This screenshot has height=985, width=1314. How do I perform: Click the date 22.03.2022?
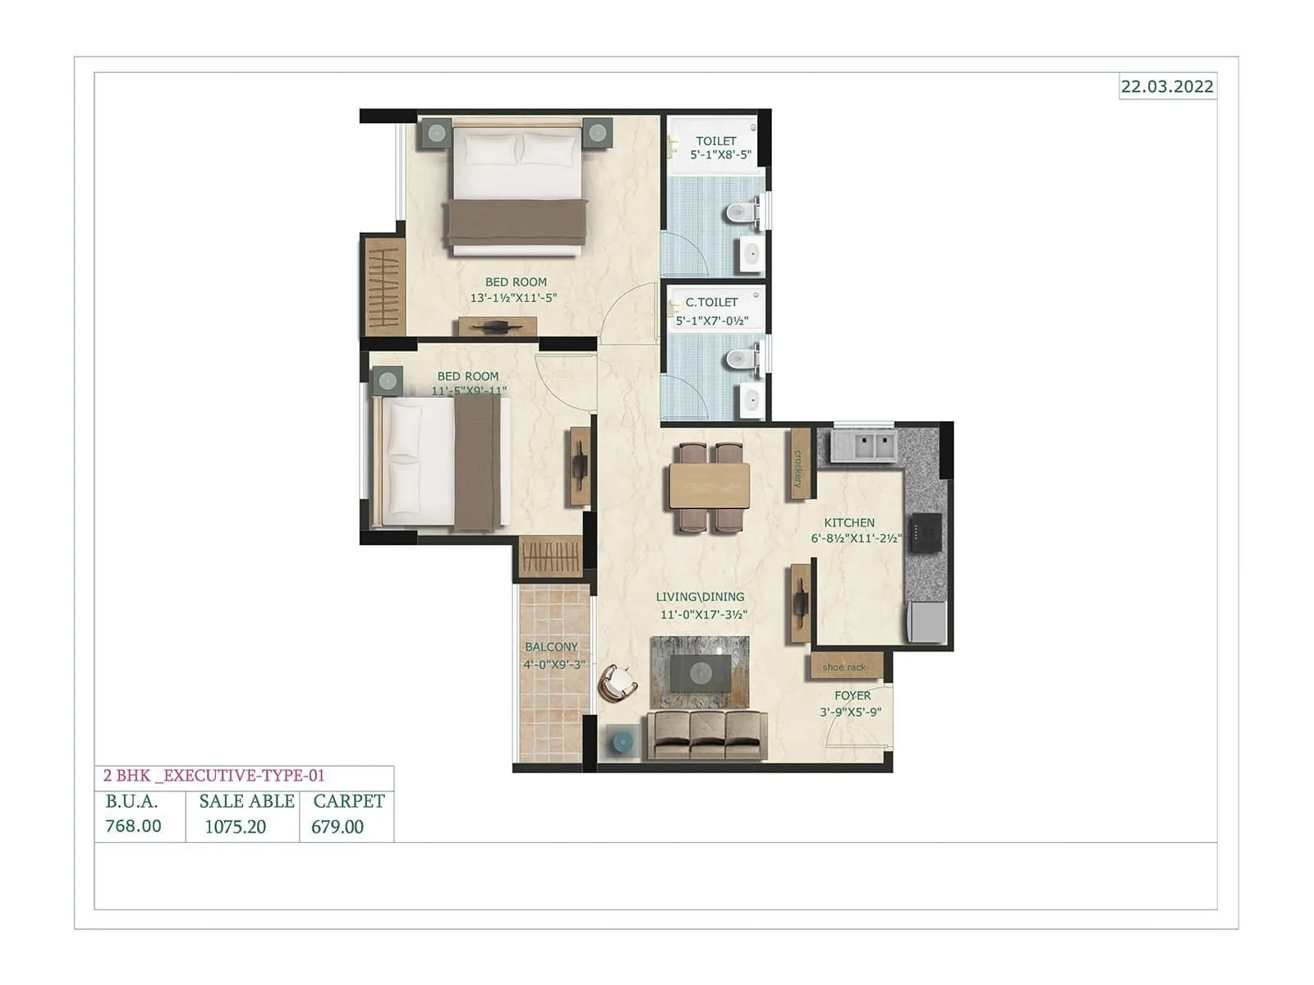(x=1167, y=86)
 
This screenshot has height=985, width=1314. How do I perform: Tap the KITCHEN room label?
(x=849, y=523)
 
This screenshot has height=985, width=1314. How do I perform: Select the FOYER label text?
(x=852, y=695)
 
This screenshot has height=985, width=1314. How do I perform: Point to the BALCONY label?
(x=552, y=647)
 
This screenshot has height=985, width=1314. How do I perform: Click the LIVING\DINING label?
(x=701, y=597)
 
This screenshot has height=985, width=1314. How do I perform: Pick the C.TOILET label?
(x=712, y=302)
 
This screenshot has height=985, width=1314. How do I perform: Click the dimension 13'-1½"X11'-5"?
(x=513, y=298)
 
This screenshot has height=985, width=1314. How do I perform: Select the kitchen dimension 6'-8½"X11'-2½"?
(x=857, y=539)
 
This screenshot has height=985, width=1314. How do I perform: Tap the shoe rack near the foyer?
(x=845, y=666)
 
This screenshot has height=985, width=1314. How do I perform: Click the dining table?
(x=710, y=486)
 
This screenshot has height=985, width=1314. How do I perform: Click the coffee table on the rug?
(x=700, y=673)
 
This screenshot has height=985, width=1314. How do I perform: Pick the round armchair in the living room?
(x=618, y=683)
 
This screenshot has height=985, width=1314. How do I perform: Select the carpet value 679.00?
(x=338, y=827)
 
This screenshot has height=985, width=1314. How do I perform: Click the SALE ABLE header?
(x=246, y=801)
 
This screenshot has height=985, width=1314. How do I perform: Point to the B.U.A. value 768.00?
(x=133, y=826)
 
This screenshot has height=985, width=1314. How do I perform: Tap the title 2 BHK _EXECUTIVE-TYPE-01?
(x=214, y=776)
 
